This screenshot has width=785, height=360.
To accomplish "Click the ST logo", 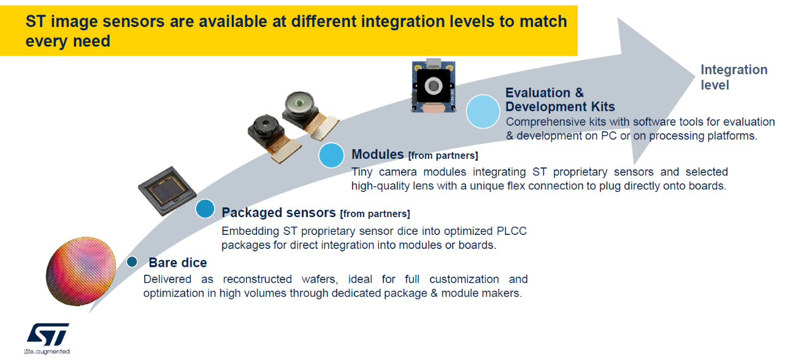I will (48, 335).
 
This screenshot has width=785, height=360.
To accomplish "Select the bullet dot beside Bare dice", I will (132, 262).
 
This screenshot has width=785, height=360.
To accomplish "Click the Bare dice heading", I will (178, 263).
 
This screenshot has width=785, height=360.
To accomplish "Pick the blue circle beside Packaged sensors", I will (205, 209).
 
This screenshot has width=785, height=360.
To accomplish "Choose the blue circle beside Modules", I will (331, 156).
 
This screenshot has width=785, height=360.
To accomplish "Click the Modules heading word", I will (377, 155).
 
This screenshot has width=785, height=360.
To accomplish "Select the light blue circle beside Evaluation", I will (483, 111).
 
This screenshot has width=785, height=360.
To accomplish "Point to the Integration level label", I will (733, 77).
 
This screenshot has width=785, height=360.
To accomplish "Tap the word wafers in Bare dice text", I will (315, 280).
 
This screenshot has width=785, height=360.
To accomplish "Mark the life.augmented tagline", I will (47, 352).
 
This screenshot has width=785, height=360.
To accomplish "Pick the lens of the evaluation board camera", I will (435, 85).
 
